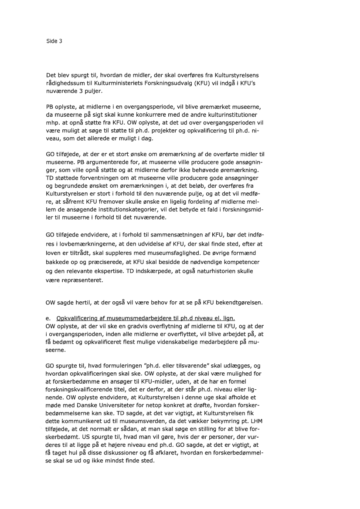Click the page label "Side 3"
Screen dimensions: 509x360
54,41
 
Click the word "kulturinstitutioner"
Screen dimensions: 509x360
235,115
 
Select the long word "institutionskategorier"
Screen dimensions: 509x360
132,210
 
